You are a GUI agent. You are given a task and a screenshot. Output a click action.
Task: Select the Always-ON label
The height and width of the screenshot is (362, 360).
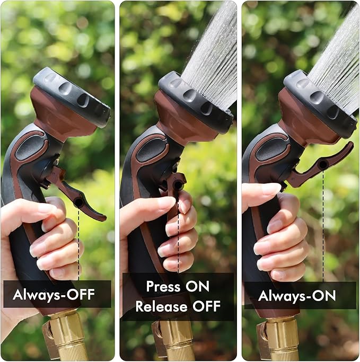coord(297,296)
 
